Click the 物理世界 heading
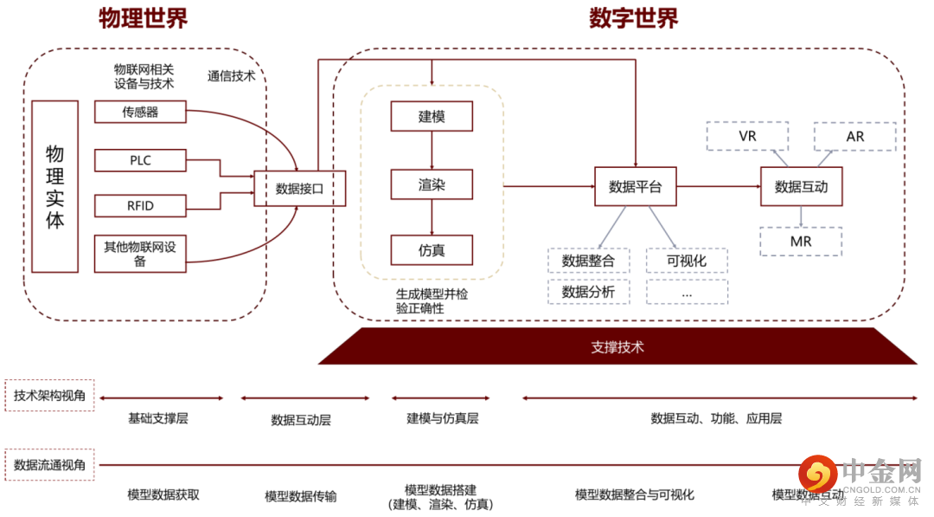point(143,18)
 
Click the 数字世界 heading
point(634,18)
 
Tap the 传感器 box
point(140,112)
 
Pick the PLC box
point(140,160)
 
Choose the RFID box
point(140,206)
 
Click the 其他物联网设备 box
point(140,254)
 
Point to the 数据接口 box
point(299,188)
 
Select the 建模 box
point(432,116)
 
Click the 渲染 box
point(432,184)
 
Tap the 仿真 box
point(432,250)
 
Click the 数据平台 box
point(635,186)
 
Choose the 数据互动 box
point(801,186)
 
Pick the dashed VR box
point(747,137)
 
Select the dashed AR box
point(854,137)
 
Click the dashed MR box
point(801,242)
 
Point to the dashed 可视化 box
point(687,261)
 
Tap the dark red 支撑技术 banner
point(617,347)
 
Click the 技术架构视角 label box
point(49,395)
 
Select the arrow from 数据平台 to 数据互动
point(718,186)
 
